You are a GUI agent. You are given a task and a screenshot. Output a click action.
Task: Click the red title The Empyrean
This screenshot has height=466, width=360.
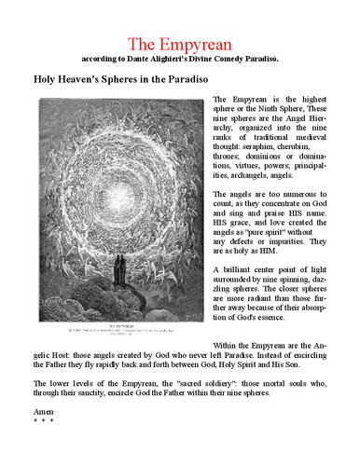[x=179, y=44]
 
